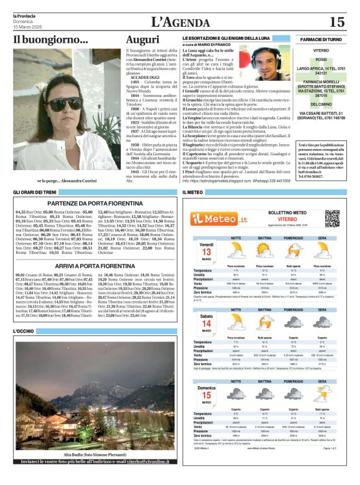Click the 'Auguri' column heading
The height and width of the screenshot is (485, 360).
tap(142, 40)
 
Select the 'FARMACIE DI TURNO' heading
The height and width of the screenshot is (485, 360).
tap(321, 39)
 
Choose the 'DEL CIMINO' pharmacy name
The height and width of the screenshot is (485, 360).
tap(321, 105)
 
